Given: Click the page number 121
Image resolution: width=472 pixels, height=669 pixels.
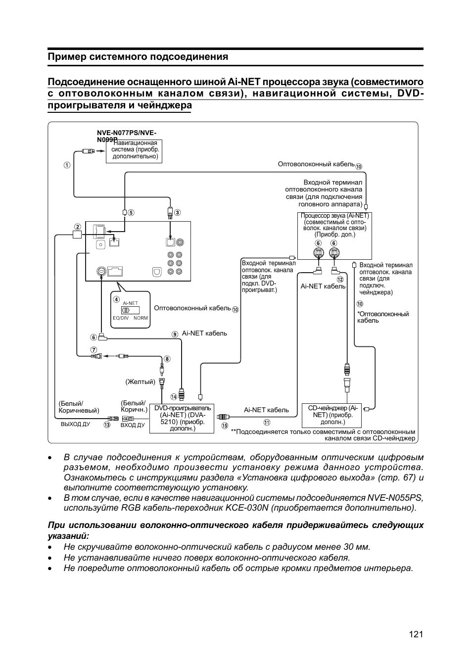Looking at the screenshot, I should pyautogui.click(x=416, y=634).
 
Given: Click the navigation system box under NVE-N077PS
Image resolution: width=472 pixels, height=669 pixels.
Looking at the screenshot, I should pyautogui.click(x=135, y=150).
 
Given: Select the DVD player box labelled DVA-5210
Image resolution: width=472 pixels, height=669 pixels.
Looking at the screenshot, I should pyautogui.click(x=182, y=418).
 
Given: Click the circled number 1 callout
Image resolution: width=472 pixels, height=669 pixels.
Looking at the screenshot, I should pyautogui.click(x=67, y=165).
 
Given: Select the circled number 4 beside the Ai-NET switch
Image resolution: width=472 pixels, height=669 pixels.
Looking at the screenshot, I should pyautogui.click(x=116, y=299).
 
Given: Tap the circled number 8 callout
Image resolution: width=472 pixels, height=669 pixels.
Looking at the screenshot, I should pyautogui.click(x=167, y=359).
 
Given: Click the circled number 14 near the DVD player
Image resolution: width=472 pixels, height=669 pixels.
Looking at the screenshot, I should pyautogui.click(x=174, y=397).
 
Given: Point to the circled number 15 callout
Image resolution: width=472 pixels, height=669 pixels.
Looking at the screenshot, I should pyautogui.click(x=225, y=426).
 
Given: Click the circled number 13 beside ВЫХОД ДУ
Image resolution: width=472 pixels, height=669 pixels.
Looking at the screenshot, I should pyautogui.click(x=107, y=425).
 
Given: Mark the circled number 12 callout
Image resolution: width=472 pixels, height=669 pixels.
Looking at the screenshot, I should pyautogui.click(x=340, y=280).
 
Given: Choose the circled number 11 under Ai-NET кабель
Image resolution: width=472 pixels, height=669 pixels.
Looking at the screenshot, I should pyautogui.click(x=267, y=423).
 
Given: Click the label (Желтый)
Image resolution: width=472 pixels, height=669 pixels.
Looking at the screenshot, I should pyautogui.click(x=140, y=382).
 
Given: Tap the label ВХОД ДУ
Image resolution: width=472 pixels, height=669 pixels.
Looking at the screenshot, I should pyautogui.click(x=133, y=425).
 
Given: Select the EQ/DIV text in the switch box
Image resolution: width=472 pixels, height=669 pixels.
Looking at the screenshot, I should pyautogui.click(x=120, y=318).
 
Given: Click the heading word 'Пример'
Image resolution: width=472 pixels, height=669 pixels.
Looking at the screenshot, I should pyautogui.click(x=66, y=57).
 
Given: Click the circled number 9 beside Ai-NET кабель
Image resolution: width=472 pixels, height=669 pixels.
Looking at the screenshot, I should pyautogui.click(x=175, y=334).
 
